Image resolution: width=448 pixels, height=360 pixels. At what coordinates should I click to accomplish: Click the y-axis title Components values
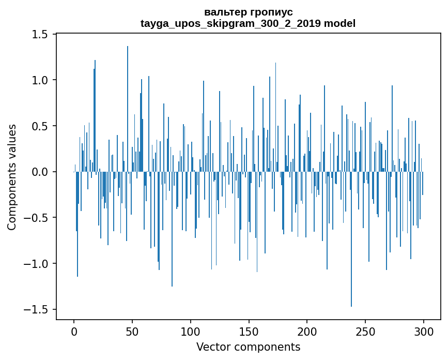(12, 177)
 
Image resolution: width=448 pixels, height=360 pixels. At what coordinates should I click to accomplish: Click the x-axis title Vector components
(248, 347)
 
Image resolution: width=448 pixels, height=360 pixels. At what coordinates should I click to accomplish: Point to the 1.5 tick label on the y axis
(40, 35)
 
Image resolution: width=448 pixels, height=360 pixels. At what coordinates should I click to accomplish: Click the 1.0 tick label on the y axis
(40, 80)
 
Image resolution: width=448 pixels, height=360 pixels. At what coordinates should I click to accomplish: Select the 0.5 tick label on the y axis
(40, 126)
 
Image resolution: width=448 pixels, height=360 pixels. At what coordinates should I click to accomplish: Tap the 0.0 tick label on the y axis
(40, 172)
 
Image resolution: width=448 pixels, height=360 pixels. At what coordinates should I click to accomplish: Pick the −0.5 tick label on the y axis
(36, 218)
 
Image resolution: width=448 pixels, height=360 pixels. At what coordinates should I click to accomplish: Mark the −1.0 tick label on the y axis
(36, 264)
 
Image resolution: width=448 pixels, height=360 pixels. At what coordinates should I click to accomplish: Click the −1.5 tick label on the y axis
(36, 309)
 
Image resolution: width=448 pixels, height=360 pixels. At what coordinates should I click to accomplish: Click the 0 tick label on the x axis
(74, 331)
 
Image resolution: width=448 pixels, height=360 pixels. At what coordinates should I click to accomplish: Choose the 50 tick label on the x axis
(132, 331)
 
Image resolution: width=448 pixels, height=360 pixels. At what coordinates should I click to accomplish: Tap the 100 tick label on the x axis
(191, 331)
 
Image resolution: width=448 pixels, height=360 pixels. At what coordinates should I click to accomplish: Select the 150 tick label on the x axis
(249, 331)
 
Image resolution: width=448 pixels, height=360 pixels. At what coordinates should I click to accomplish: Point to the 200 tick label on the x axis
(307, 331)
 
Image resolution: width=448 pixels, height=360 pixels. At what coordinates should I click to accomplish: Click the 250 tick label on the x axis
(365, 331)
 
